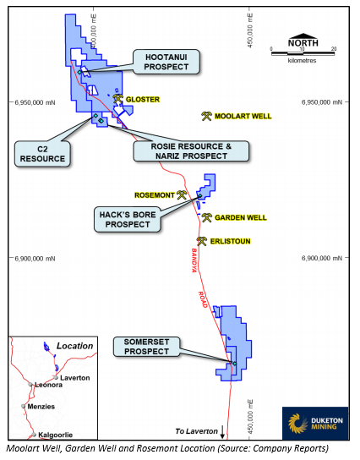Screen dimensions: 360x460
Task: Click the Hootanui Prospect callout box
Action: click(x=166, y=62)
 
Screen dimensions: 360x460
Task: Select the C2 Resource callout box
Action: click(x=42, y=154)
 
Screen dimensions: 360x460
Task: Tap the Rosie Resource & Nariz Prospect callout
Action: click(x=191, y=151)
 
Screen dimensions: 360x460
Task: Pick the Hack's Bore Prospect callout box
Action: click(x=128, y=220)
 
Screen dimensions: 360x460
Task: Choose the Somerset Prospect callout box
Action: click(x=146, y=347)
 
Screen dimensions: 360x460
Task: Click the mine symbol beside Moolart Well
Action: click(x=206, y=116)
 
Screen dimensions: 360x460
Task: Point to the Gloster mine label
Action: click(x=143, y=100)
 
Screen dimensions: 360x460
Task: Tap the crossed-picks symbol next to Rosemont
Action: click(x=182, y=195)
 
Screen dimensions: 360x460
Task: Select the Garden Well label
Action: click(x=241, y=217)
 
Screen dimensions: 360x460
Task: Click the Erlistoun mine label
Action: click(x=230, y=242)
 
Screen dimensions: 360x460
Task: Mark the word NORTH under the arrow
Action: click(x=303, y=43)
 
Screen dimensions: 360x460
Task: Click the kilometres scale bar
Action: click(x=303, y=53)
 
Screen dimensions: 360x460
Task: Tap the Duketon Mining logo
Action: click(x=315, y=423)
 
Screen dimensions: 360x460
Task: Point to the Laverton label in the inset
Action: click(x=74, y=378)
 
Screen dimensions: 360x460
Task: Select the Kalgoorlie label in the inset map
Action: click(x=56, y=435)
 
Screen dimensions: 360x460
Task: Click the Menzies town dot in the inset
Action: click(x=23, y=406)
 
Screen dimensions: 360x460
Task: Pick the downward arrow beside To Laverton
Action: click(x=222, y=432)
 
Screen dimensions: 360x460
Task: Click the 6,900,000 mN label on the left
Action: click(x=35, y=259)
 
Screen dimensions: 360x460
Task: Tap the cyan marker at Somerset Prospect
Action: click(x=235, y=364)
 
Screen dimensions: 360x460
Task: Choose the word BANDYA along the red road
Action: click(x=194, y=260)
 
